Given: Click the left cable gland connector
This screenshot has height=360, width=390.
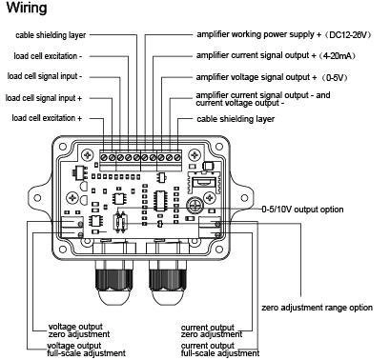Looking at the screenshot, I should point(114,280).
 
